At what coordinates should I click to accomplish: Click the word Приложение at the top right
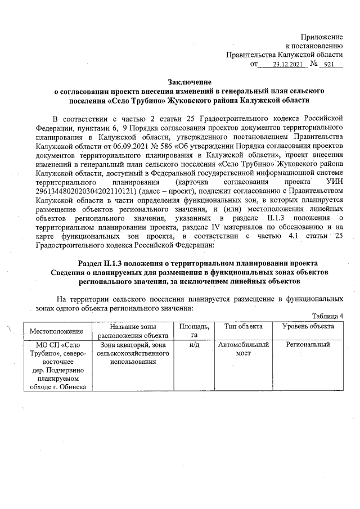click(x=322, y=35)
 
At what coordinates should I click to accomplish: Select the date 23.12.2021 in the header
click(x=287, y=65)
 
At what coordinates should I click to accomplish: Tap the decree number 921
click(x=329, y=65)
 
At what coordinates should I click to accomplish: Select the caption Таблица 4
click(x=327, y=316)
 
